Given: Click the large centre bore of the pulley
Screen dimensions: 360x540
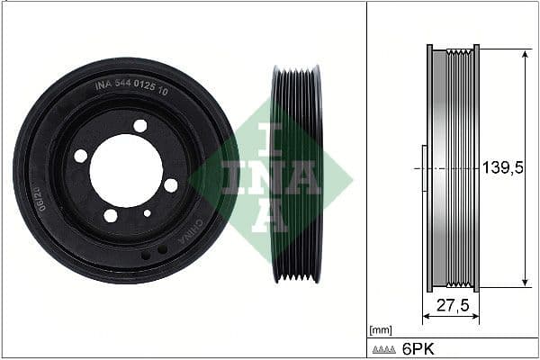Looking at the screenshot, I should click(125, 169).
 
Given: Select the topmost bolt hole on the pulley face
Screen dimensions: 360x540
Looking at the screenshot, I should click(140, 126).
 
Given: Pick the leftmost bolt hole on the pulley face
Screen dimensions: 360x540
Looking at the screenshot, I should click(81, 156).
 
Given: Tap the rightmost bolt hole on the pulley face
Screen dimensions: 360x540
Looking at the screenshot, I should click(171, 184).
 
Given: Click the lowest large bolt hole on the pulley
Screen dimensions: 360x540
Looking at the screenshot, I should click(111, 215).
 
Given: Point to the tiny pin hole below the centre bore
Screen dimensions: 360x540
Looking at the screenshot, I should click(147, 213).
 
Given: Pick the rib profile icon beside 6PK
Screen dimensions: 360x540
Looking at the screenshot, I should click(384, 347).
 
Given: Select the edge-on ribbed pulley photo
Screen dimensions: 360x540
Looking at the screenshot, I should click(296, 174).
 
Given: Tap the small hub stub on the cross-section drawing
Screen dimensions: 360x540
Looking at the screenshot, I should click(423, 168).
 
